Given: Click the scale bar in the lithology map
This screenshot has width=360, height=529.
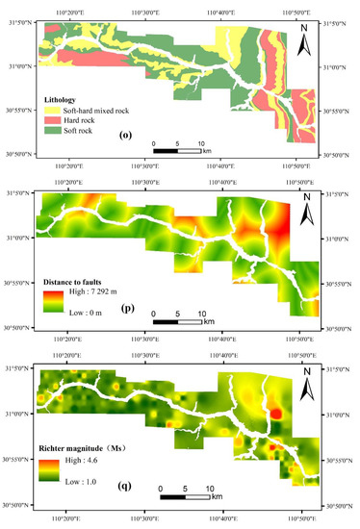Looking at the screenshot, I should [x=178, y=151].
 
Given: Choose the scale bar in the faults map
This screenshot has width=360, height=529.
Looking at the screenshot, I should [x=178, y=321].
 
